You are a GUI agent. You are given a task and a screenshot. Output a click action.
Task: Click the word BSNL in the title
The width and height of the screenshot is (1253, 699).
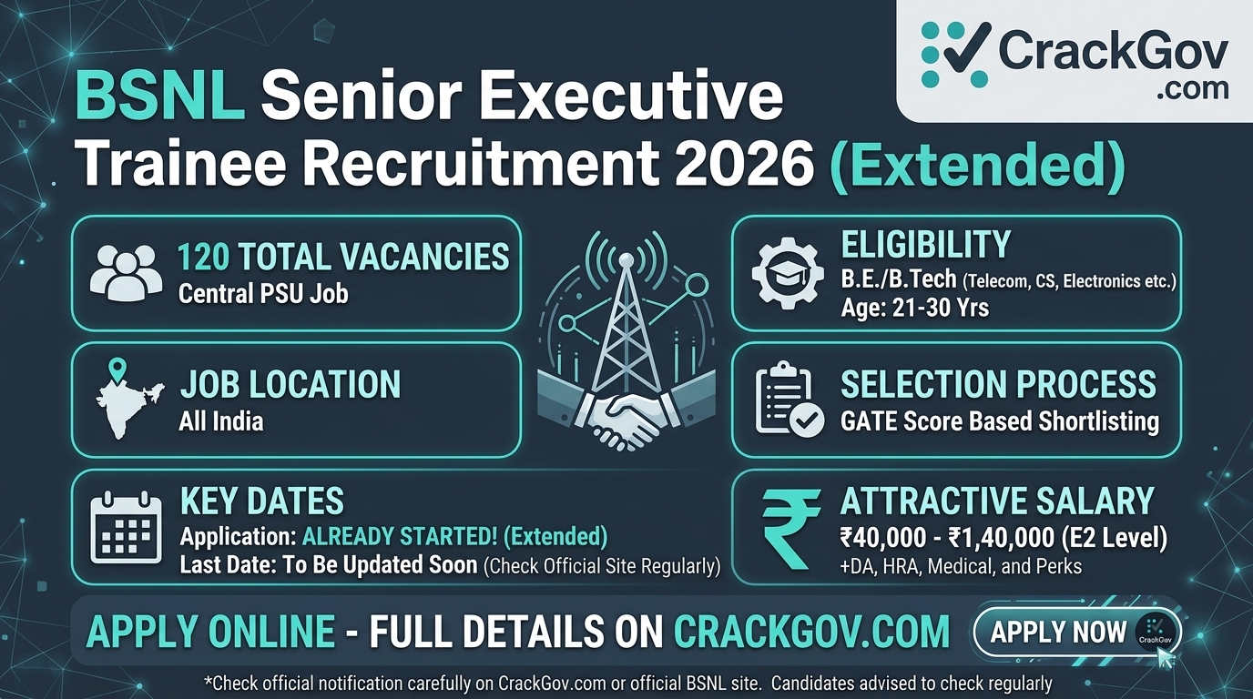coord(160,97)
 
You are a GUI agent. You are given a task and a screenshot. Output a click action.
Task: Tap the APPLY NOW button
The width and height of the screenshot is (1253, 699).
coord(1076,632)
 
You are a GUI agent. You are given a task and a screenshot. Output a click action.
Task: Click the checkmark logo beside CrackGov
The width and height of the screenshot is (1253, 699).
coord(955,54)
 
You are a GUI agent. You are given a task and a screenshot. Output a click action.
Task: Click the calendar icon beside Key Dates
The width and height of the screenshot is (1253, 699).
coord(126,527)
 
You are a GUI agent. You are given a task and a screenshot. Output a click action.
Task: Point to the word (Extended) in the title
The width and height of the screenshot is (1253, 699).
coord(977,164)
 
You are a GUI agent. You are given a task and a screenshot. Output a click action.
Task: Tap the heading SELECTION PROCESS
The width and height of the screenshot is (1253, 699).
coord(998,384)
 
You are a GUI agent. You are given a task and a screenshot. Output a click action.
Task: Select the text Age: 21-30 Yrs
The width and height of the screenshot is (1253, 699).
coord(914,308)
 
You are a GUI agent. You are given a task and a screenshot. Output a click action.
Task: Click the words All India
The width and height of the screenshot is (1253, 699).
coord(221,422)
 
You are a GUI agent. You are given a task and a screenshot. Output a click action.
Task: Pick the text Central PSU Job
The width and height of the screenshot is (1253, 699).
coord(263,294)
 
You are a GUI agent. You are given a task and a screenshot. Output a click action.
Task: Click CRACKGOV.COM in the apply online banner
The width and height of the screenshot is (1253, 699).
coord(811,632)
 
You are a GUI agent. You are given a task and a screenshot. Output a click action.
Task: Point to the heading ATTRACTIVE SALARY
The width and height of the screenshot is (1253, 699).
coord(997,501)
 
